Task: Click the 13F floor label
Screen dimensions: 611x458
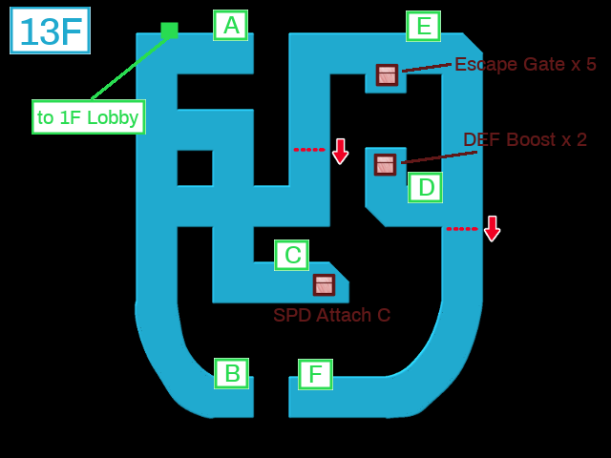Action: pos(50,31)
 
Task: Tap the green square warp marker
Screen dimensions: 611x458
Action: pos(170,31)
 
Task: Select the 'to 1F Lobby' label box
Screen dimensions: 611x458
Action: pos(89,116)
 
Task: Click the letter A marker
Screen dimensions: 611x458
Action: pos(231,26)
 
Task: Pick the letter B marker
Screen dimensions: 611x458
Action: pos(231,373)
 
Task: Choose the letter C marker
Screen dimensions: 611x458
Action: pos(292,255)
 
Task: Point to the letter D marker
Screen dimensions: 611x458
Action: pos(425,187)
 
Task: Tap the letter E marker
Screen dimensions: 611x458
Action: pos(424,26)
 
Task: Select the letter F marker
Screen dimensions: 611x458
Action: pos(316,374)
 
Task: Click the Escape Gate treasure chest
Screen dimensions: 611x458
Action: pos(387,74)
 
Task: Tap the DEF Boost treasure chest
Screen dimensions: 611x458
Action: pos(385,164)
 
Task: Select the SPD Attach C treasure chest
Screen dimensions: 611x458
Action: pos(325,284)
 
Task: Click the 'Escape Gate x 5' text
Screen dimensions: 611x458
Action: pos(525,64)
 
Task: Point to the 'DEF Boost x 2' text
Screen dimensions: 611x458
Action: pos(525,139)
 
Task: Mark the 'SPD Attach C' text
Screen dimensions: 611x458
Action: pos(331,315)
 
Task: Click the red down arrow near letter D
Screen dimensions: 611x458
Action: pos(341,152)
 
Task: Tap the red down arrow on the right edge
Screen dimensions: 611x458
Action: pos(493,229)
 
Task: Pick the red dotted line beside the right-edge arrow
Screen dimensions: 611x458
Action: pos(462,229)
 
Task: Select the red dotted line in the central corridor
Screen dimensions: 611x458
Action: pos(309,150)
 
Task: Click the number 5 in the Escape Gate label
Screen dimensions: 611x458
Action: pos(591,65)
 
